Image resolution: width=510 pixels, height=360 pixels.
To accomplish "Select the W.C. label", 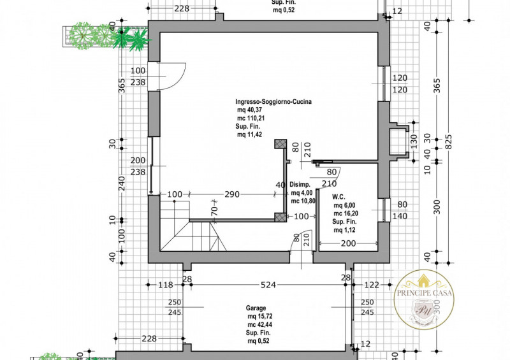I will point(339,196).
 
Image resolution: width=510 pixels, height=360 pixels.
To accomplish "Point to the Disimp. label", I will point(300,185).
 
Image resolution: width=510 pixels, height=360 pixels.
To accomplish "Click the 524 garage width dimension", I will point(268,285).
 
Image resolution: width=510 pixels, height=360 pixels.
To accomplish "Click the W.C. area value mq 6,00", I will point(346,206).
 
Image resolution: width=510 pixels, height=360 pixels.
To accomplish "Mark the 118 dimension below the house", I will point(166,285).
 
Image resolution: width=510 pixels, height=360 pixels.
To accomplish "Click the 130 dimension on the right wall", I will point(413,140).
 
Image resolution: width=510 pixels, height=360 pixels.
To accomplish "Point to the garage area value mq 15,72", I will point(261,315).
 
